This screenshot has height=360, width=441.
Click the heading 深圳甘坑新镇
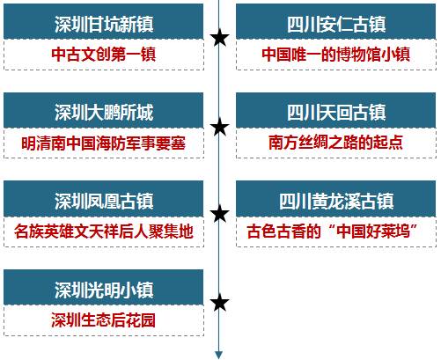(104, 24)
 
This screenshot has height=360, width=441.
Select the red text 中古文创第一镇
(104, 55)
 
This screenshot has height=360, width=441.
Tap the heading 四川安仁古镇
(336, 24)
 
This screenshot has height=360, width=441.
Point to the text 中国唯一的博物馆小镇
(336, 55)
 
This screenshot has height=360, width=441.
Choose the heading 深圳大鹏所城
(104, 113)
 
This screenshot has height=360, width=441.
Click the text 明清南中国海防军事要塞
(104, 143)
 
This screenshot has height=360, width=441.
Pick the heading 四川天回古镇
(336, 113)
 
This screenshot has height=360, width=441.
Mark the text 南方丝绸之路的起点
(336, 143)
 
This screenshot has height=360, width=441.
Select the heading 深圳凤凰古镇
(104, 201)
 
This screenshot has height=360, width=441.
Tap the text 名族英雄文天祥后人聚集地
(104, 231)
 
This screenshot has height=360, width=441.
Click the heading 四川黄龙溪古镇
(336, 201)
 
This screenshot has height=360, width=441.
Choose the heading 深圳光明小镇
(104, 290)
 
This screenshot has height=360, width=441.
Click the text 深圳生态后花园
(104, 320)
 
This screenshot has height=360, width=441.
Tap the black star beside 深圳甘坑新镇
(219, 38)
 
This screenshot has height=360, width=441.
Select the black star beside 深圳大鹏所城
(219, 127)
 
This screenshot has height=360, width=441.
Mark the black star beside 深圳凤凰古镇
(219, 214)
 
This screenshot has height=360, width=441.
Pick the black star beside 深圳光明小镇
(219, 303)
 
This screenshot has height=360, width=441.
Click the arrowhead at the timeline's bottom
(219, 355)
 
